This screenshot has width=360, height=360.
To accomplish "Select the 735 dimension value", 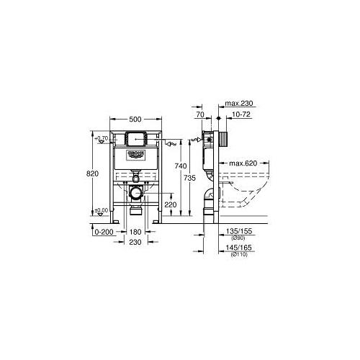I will [x=189, y=178].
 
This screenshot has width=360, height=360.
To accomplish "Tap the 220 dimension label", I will [x=170, y=204].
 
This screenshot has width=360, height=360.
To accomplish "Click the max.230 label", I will [x=239, y=105].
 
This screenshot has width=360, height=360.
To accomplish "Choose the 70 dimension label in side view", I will [x=199, y=115].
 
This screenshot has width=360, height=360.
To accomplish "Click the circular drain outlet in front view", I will [x=135, y=193].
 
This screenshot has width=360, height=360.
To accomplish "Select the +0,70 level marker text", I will [x=102, y=137].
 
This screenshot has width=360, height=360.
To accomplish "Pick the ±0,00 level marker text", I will [x=102, y=211].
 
